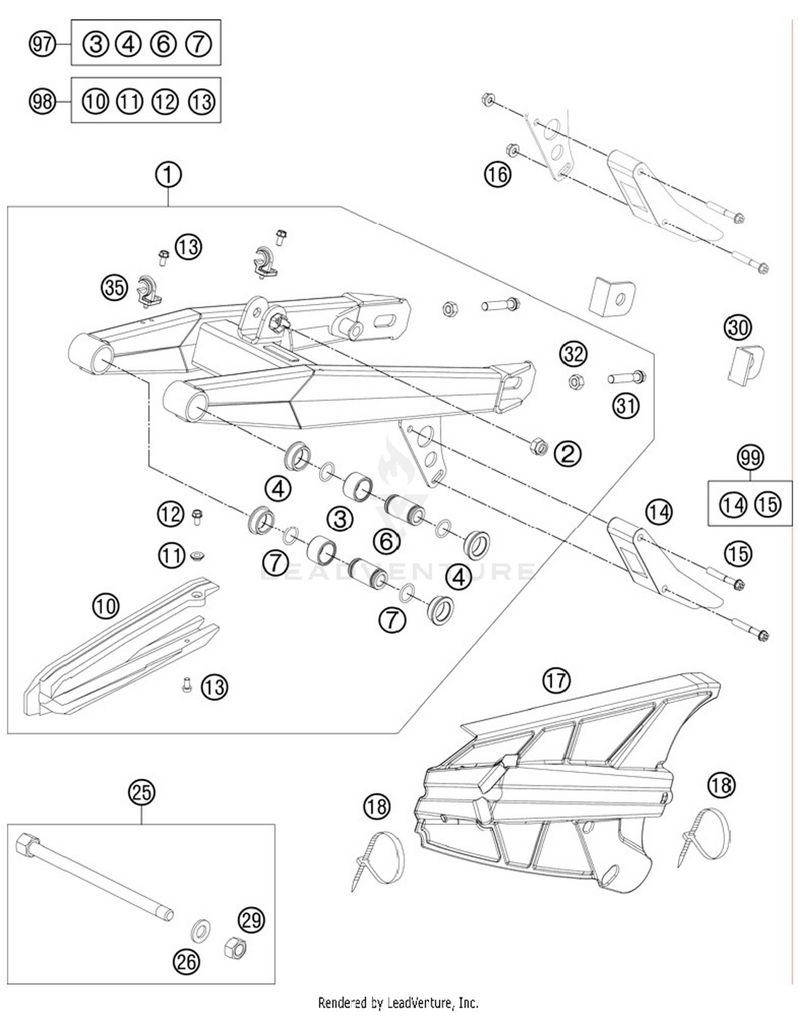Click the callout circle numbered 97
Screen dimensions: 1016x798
coord(42,43)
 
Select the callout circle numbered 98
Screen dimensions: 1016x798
coord(42,101)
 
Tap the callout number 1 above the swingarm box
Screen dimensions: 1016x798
coord(168,175)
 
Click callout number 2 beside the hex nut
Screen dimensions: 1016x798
coord(568,454)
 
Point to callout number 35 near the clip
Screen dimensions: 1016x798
coord(114,288)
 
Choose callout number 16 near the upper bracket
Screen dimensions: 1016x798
coord(497,174)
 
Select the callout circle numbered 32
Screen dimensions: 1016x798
coord(573,354)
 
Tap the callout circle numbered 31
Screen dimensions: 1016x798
coord(626,406)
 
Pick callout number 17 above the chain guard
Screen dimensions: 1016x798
coord(556,680)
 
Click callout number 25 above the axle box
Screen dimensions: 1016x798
coord(142,792)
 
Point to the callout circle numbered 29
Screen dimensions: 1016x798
coord(252,920)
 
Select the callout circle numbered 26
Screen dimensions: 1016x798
coord(186,962)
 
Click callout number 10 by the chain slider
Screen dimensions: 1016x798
coord(106,606)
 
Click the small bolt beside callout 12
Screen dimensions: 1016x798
coord(196,516)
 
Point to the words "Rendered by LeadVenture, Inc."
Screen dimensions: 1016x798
coord(398,1003)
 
